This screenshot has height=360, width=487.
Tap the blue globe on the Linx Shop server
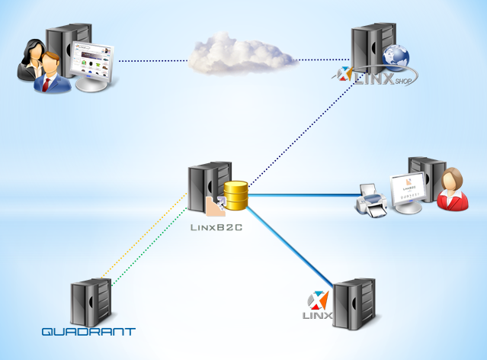(x=396, y=57)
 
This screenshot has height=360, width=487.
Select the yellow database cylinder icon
(x=235, y=196)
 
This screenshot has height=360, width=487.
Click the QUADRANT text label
(x=88, y=332)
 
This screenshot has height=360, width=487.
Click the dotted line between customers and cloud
(x=152, y=59)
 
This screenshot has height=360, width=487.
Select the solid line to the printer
(x=305, y=195)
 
